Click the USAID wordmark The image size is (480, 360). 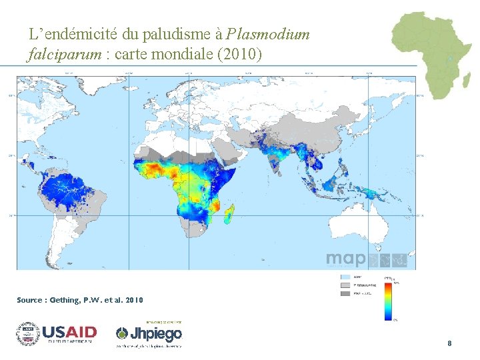69,332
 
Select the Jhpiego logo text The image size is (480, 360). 156,333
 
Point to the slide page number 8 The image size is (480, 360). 449,343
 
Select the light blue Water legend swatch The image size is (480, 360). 345,277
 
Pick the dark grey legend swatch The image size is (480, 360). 345,293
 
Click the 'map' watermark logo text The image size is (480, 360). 345,259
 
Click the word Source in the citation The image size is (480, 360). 30,301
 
